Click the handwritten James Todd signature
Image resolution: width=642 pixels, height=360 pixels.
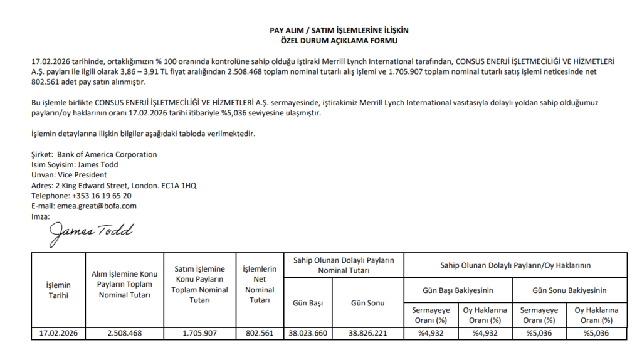tap(92, 232)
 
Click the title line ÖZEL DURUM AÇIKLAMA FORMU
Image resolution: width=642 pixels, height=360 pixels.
tap(339, 40)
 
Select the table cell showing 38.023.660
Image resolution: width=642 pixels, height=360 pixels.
tap(308, 333)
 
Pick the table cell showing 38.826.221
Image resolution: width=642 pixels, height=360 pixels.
tap(368, 333)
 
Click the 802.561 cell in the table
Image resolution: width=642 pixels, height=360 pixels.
tap(260, 333)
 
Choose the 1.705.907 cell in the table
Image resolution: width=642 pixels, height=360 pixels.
tap(200, 333)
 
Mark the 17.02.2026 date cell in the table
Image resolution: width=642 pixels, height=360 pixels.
tap(58, 333)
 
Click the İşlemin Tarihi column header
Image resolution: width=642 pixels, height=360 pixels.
tap(58, 290)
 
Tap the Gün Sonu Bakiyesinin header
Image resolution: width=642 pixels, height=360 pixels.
tap(569, 290)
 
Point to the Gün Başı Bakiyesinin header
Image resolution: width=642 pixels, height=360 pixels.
tap(458, 290)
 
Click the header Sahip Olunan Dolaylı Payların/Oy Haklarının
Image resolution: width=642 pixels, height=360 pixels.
tap(515, 266)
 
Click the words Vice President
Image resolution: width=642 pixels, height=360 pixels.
tap(82, 175)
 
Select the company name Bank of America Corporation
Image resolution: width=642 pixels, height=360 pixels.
tap(107, 154)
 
